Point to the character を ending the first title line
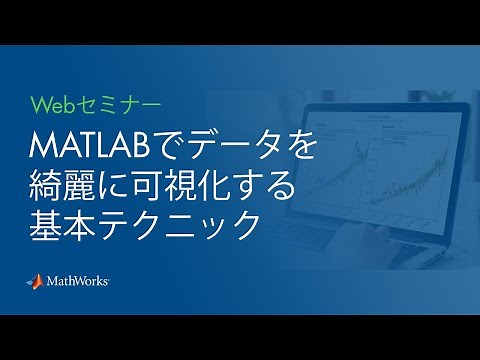point(302,147)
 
